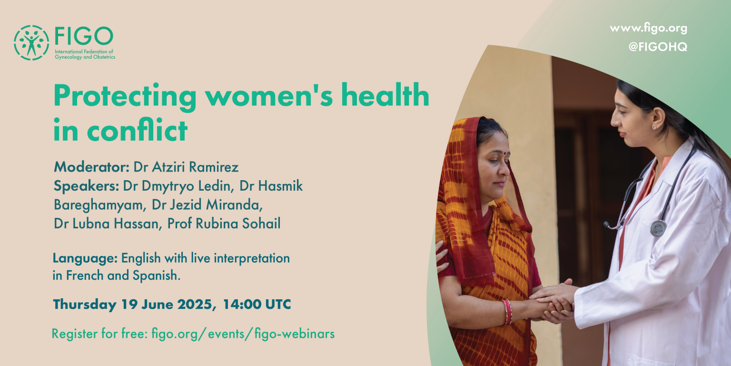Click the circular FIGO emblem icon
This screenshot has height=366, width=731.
31,42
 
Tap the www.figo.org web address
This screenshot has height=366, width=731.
649,29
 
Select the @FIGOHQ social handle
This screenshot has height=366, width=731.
658,47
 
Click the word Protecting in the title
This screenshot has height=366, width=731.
125,97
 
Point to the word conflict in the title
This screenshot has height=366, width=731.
137,130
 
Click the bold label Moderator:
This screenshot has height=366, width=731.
92,167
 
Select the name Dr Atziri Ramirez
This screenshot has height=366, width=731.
186,167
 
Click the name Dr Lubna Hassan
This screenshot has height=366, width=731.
108,224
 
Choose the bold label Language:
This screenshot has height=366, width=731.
85,258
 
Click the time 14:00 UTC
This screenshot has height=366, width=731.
257,304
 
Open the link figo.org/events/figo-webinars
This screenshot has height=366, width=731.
243,334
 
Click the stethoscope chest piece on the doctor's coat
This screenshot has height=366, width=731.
658,228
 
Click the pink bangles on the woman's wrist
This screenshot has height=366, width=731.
507,312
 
